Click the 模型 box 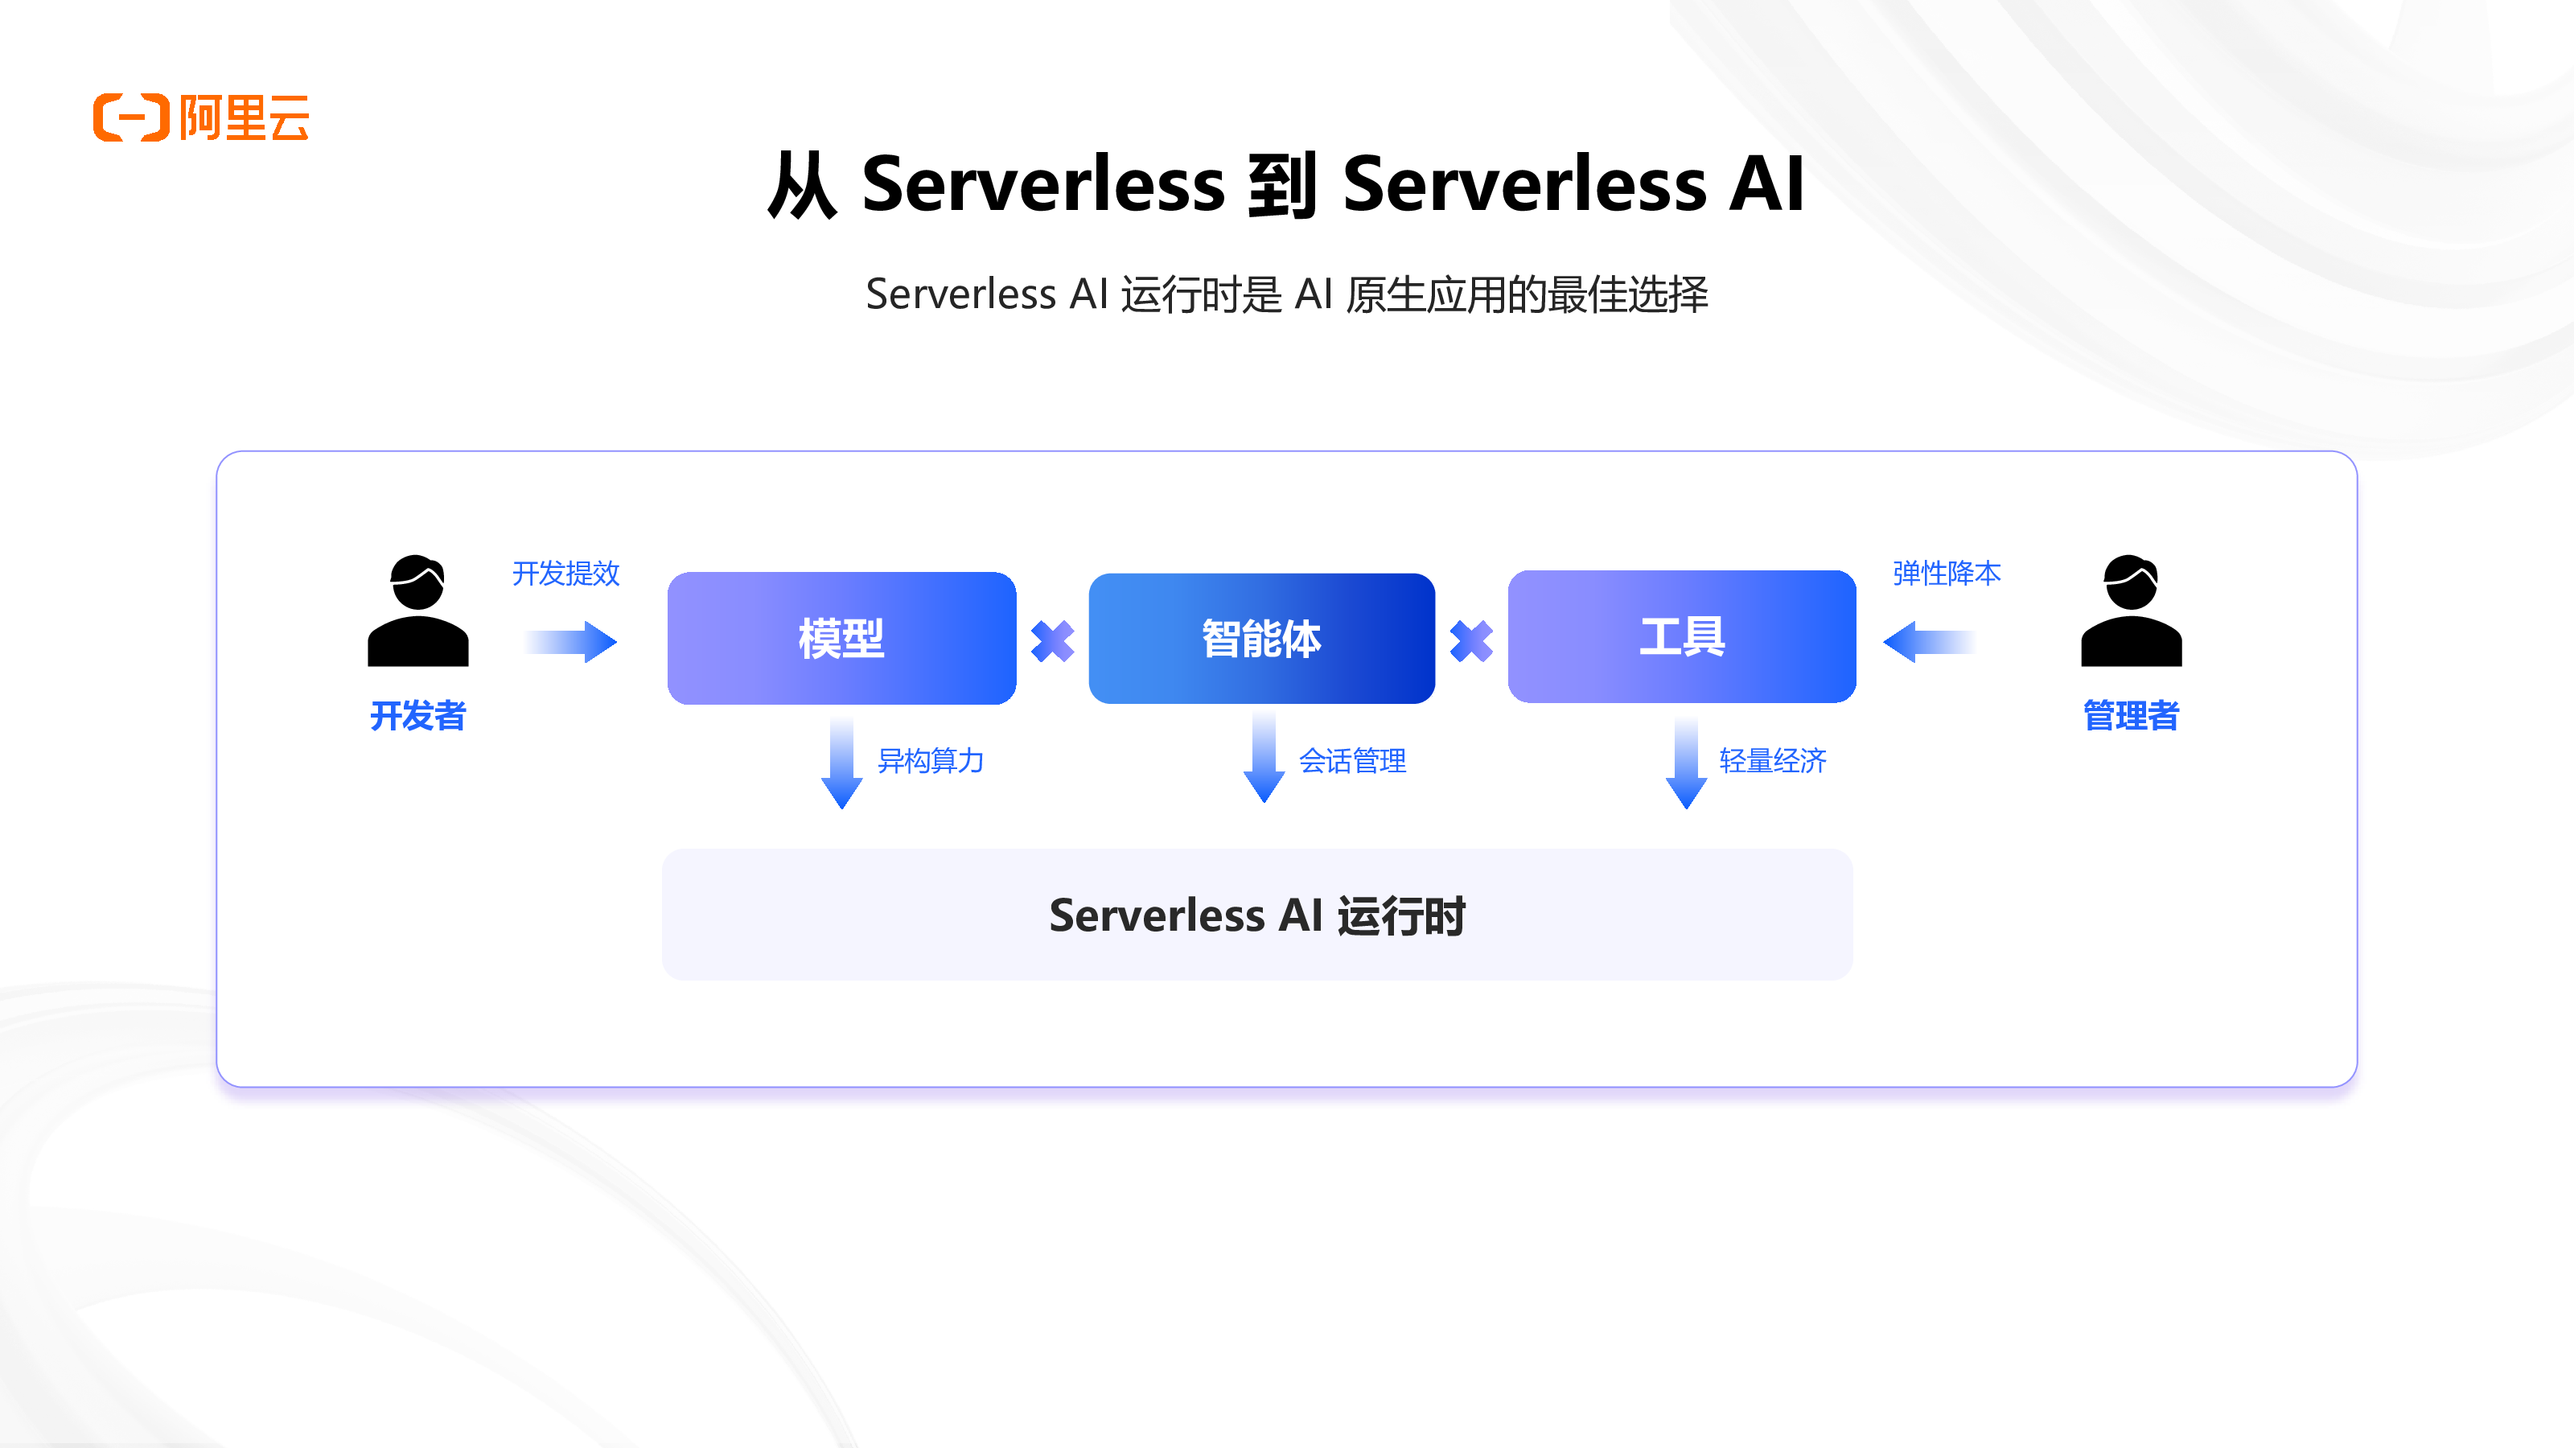841,638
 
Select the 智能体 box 1261,638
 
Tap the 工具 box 1682,636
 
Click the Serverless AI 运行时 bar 1257,915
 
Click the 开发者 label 417,715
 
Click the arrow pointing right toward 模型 572,642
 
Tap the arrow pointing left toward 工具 1929,642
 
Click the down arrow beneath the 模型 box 841,763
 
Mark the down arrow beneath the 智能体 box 1264,758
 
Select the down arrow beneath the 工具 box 1686,763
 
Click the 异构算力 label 931,762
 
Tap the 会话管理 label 1352,762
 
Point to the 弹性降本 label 1947,574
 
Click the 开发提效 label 565,574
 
